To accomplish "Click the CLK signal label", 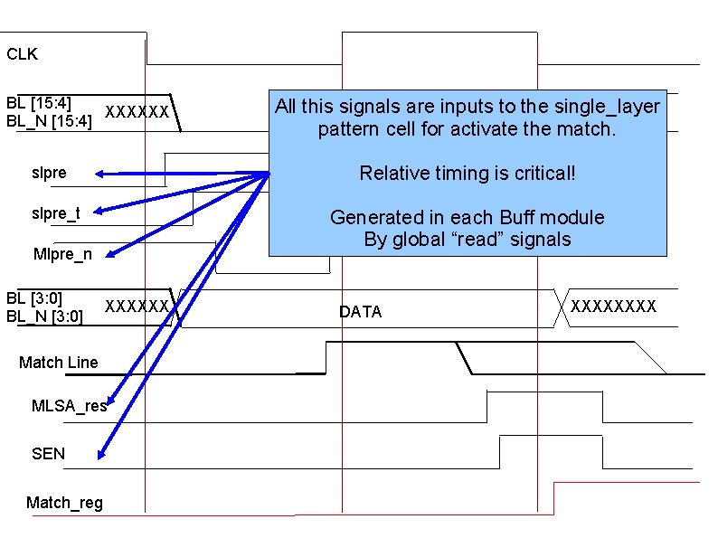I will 23,54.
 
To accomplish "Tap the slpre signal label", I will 49,173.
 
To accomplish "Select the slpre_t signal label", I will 56,213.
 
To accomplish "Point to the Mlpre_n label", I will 61,254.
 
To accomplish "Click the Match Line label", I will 58,363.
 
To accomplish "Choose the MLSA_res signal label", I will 69,406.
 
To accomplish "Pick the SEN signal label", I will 48,453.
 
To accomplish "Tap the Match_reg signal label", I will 64,503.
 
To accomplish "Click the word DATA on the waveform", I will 360,312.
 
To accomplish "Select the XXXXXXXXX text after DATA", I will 613,306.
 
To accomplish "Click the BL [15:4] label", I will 39,102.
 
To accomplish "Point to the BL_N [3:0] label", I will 44,316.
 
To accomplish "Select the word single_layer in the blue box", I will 608,107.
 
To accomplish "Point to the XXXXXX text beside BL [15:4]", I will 137,112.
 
